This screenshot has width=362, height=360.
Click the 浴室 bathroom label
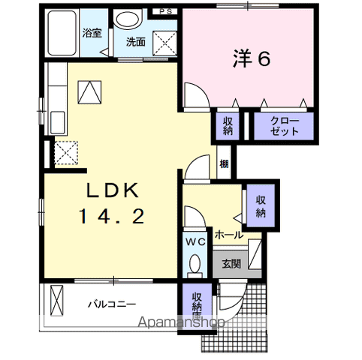[92, 34]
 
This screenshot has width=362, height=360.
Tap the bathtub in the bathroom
[62, 34]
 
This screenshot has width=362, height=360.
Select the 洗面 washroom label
[135, 42]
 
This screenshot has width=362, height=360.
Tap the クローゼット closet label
[285, 125]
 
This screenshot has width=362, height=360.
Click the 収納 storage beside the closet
[227, 125]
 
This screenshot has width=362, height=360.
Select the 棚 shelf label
[224, 164]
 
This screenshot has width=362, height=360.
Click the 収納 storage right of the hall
[261, 206]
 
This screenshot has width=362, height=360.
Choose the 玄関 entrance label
[231, 263]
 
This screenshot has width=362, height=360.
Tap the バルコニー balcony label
[110, 304]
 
